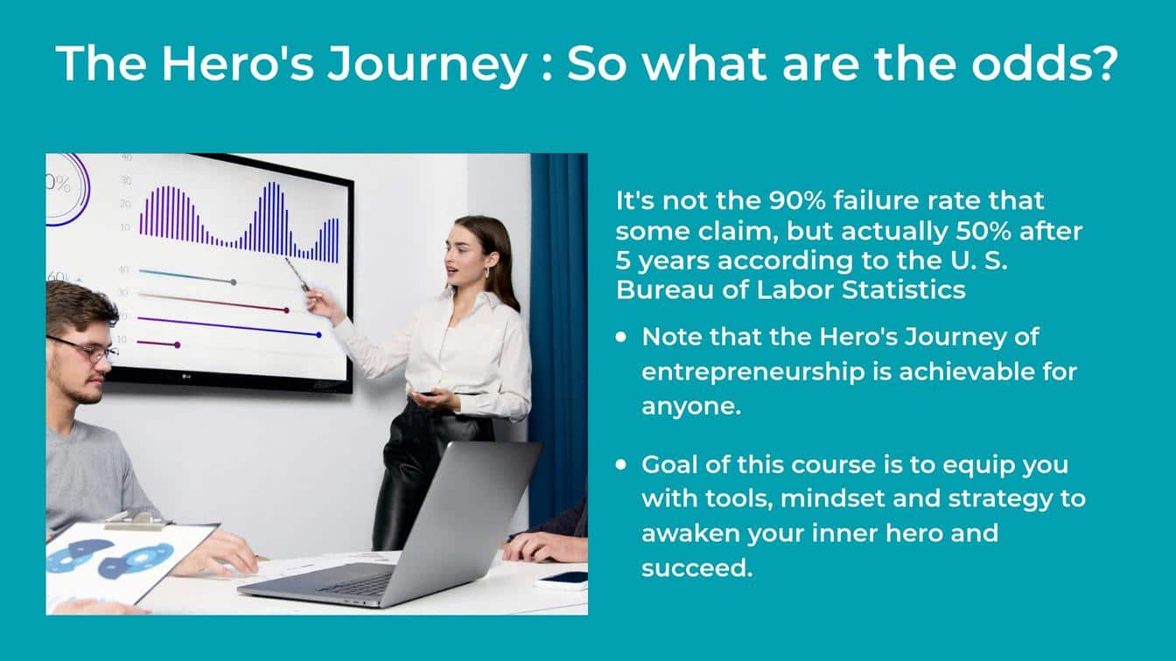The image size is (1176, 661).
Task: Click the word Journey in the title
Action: coord(427,64)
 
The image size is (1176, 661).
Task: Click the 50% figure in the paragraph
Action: coord(983,232)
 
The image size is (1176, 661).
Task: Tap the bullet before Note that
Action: coord(621,337)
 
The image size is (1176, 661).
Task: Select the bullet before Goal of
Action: coord(621,465)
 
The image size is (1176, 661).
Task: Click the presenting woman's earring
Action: coord(487,274)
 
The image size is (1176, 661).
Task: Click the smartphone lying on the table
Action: coord(563,579)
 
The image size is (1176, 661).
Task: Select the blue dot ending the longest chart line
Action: coord(318,335)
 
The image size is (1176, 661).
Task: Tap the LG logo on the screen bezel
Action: coord(185,376)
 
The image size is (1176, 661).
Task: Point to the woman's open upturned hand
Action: coord(434,400)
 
